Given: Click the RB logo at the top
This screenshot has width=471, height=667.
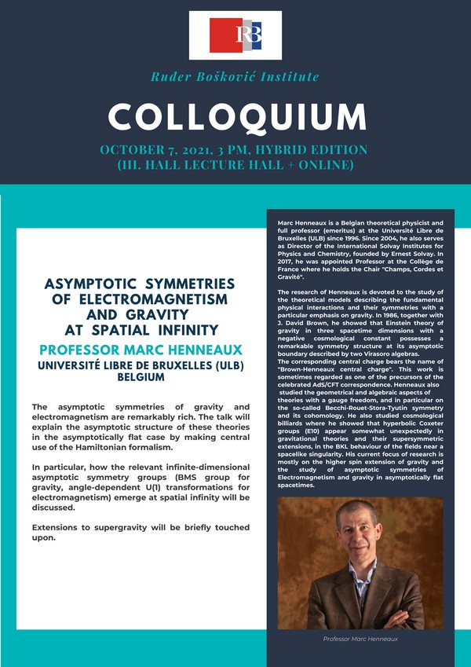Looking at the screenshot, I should pyautogui.click(x=235, y=35).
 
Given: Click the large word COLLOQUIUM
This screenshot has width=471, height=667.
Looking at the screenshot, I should pyautogui.click(x=235, y=117).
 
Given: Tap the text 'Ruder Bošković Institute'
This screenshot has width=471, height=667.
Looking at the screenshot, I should pyautogui.click(x=235, y=77).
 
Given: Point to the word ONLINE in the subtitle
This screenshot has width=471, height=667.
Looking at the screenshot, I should pyautogui.click(x=319, y=166).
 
